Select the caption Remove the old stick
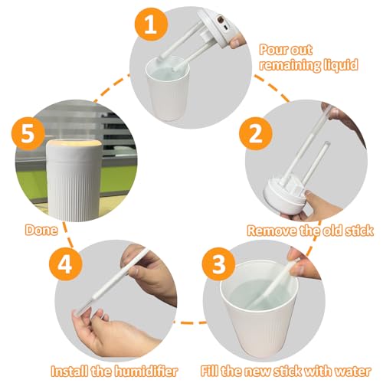point(309,228)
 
